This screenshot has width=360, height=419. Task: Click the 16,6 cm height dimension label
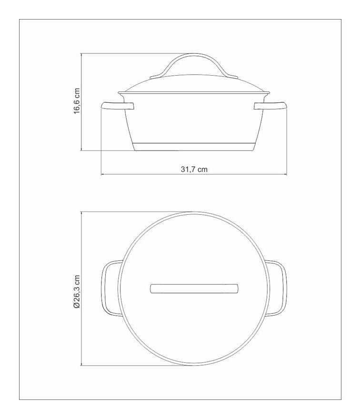[77, 101]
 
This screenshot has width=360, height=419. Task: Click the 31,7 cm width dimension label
[194, 169]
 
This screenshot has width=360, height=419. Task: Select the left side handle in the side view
[117, 106]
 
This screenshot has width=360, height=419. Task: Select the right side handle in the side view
[270, 106]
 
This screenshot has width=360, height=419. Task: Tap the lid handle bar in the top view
[194, 289]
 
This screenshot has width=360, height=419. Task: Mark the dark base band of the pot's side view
[194, 147]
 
